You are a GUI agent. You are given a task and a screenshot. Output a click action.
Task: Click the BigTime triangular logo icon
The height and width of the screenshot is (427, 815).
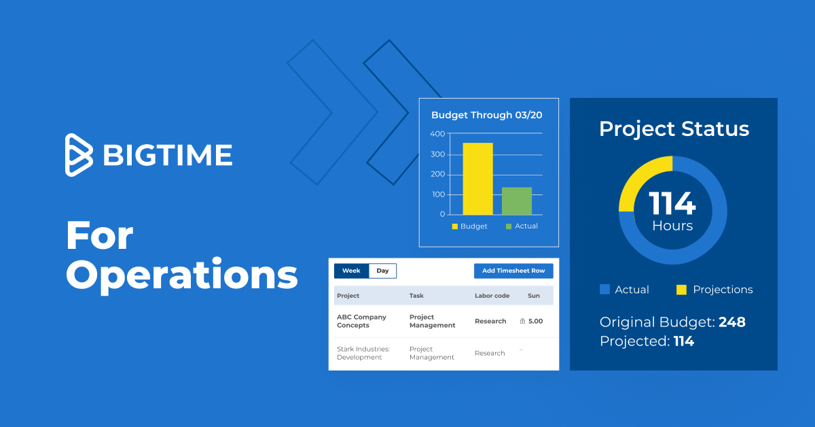point(78,155)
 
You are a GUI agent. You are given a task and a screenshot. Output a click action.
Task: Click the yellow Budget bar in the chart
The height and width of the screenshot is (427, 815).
point(477,179)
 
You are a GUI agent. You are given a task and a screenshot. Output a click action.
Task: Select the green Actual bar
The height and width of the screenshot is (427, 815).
point(517,201)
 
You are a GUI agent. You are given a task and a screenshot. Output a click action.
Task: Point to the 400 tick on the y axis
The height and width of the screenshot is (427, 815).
point(437,134)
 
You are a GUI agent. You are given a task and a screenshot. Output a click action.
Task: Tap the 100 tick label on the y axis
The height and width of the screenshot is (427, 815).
point(439,194)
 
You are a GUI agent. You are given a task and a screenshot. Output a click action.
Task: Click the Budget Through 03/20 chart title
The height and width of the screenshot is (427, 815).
point(486,115)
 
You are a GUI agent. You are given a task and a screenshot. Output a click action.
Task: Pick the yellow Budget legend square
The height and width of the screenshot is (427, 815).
point(454,226)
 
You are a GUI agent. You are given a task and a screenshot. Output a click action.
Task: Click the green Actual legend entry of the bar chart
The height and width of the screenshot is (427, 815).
point(522,226)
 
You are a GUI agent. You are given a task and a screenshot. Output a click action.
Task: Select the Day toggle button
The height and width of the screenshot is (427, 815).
point(382,271)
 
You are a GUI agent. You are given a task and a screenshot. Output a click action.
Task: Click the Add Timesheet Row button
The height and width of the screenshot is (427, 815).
point(513,271)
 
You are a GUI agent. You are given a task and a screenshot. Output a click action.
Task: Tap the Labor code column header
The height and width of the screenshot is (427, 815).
point(492,296)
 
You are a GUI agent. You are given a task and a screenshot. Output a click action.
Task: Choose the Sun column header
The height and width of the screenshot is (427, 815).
point(534,296)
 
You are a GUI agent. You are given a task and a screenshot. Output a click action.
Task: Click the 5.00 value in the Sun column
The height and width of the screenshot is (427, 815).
point(535,321)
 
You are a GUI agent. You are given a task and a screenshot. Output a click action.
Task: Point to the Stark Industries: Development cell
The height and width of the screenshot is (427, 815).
point(363,353)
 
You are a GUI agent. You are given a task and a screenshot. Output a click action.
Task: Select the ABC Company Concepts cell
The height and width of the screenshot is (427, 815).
point(361,321)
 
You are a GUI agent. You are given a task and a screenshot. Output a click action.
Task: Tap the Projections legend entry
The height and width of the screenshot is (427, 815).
point(714,290)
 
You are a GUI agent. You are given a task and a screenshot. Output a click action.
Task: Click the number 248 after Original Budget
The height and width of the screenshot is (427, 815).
point(732,322)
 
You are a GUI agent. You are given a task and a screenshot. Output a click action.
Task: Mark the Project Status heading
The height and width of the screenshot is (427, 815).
point(674,129)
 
